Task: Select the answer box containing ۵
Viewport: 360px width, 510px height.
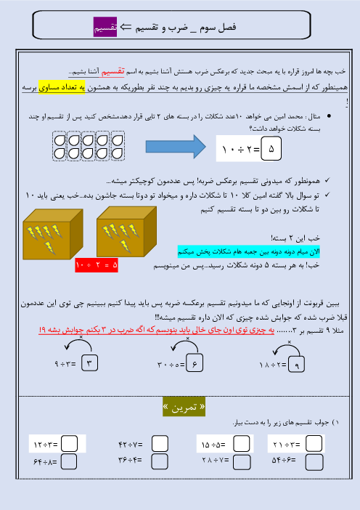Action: tap(273, 150)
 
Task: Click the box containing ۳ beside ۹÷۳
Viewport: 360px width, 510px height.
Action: tap(89, 363)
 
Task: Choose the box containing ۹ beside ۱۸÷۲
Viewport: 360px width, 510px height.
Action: tap(295, 364)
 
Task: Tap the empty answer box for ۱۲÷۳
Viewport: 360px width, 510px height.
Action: tap(70, 443)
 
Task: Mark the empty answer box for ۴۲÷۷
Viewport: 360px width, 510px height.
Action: tap(160, 443)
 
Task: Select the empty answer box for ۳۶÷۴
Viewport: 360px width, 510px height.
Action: tap(160, 460)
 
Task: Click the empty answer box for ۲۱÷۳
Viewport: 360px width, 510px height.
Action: tap(314, 443)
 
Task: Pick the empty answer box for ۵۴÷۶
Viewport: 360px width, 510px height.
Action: tap(314, 460)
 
